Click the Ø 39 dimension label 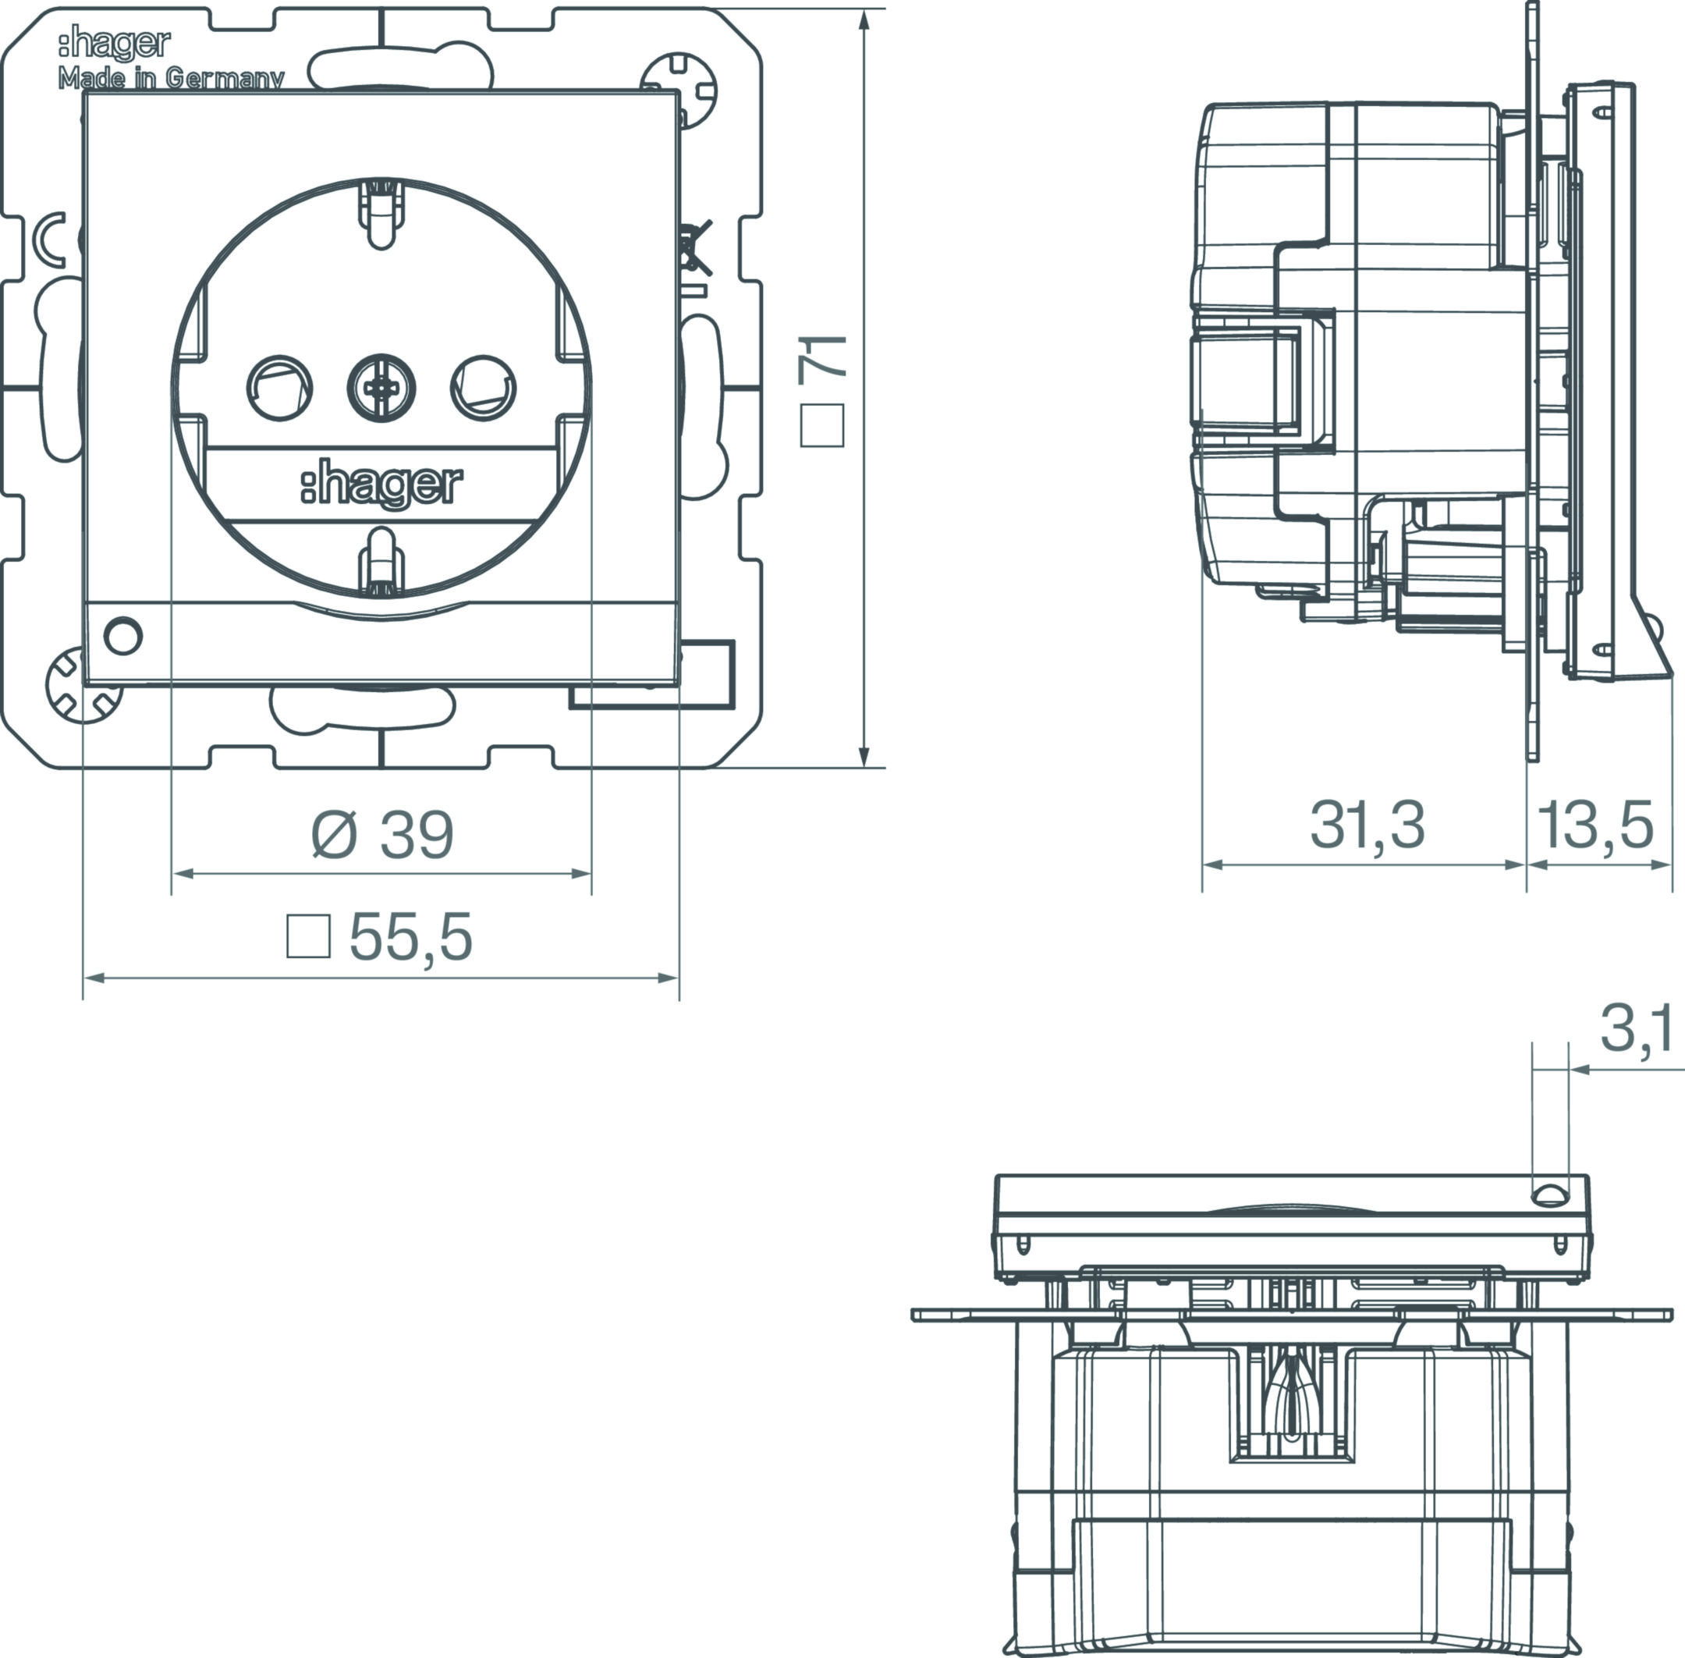click(x=383, y=834)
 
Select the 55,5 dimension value click(x=411, y=938)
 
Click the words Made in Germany click(x=171, y=78)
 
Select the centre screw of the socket click(x=381, y=387)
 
